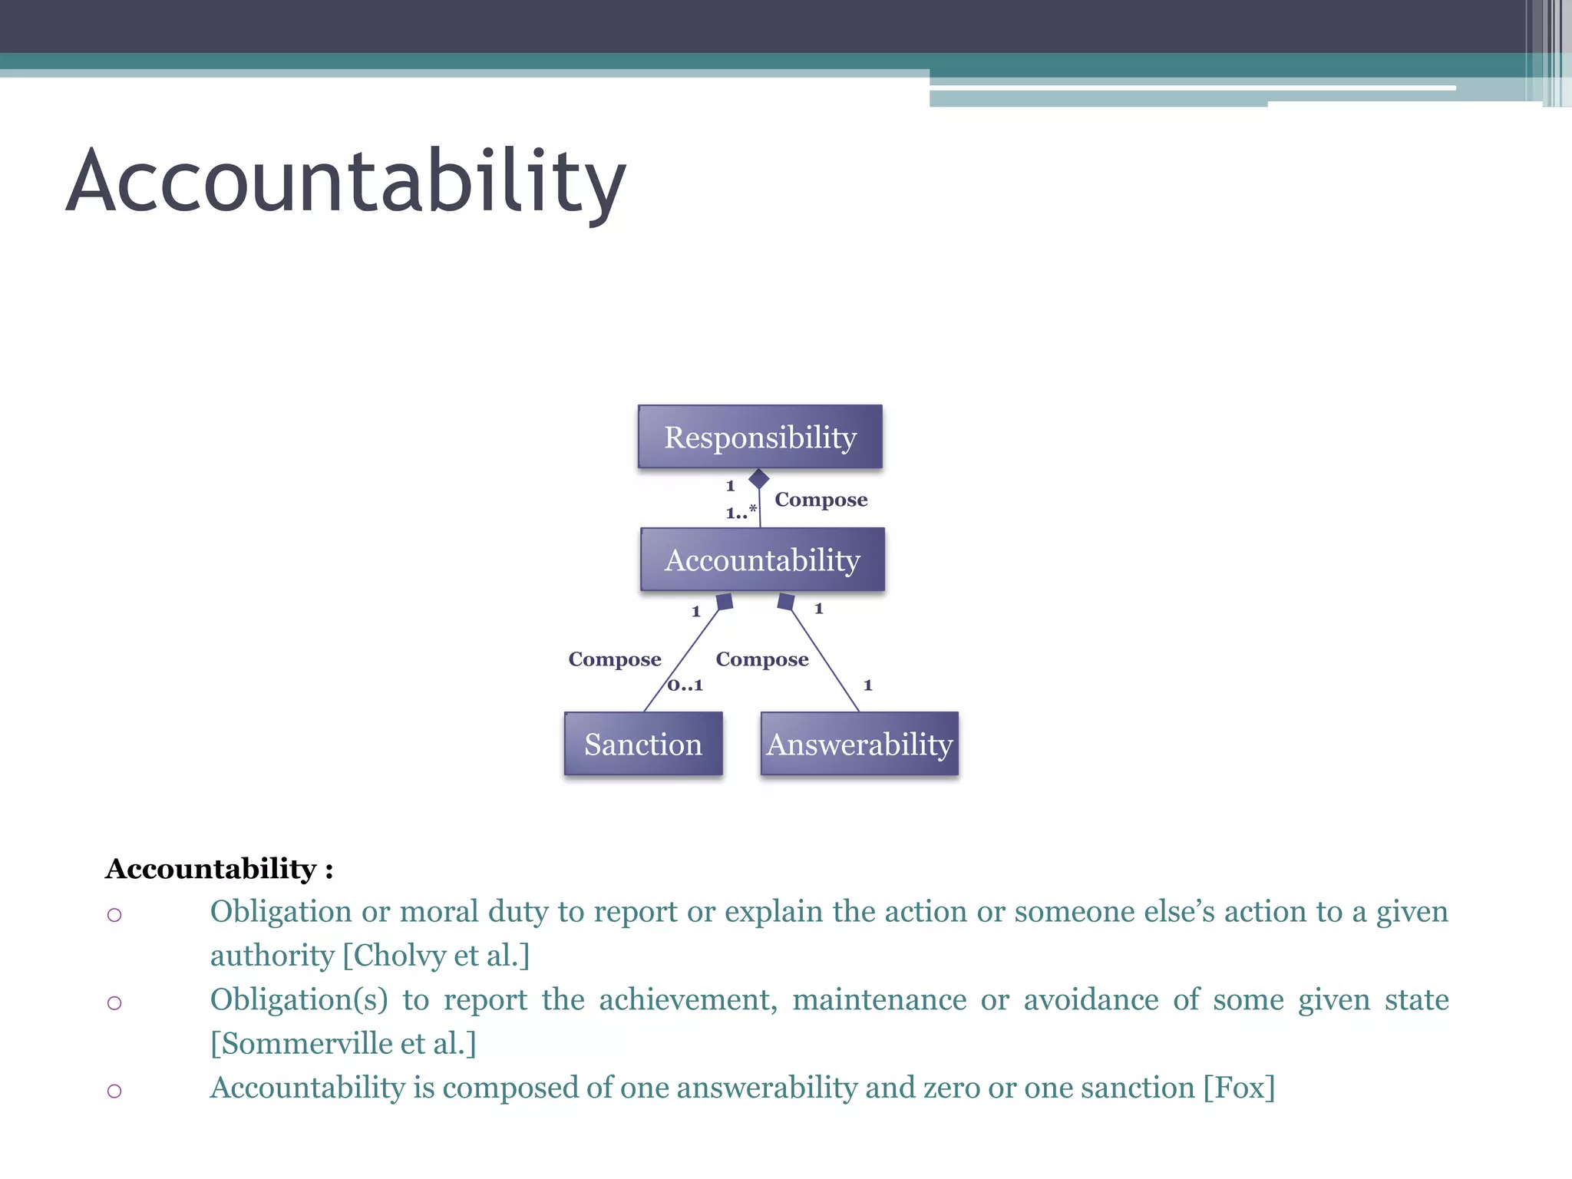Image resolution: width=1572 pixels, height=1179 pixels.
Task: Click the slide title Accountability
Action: (x=345, y=182)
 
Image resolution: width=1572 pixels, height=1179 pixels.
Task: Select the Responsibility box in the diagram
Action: (x=760, y=437)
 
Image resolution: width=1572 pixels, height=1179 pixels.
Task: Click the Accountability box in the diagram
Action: (x=762, y=560)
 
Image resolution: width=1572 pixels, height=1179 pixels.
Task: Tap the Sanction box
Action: (x=643, y=744)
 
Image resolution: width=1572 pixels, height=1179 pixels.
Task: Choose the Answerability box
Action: (x=859, y=744)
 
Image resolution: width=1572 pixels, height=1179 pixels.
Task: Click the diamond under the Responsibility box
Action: (x=758, y=479)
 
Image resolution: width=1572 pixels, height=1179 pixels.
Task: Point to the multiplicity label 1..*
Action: (x=741, y=512)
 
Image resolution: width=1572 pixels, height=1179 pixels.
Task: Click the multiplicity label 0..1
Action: (x=685, y=685)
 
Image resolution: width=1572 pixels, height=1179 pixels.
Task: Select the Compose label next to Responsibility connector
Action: (x=821, y=500)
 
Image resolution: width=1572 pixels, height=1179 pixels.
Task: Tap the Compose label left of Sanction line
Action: (x=614, y=659)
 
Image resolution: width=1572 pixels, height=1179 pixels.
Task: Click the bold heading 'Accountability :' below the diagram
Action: (x=220, y=869)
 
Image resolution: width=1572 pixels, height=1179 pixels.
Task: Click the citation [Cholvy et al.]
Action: (x=436, y=956)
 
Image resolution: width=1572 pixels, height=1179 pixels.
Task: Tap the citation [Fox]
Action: (x=1239, y=1088)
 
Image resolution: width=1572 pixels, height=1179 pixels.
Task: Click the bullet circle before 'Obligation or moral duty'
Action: (x=114, y=914)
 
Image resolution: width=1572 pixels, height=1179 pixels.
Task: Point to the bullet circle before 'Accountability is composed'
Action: (x=114, y=1091)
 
